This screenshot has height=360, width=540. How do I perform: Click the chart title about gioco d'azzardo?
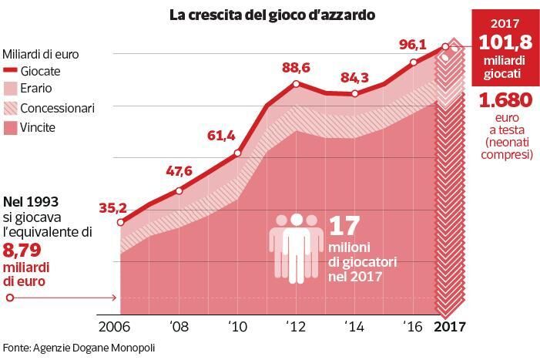272,14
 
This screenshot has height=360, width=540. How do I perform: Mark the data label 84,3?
354,76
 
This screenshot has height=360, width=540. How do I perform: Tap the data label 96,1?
412,45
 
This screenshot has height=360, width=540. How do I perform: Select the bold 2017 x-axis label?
451,326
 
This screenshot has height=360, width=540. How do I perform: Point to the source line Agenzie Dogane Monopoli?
79,348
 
